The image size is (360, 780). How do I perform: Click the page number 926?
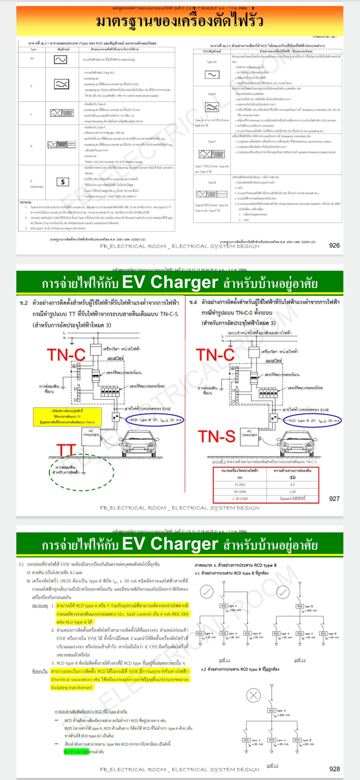334,245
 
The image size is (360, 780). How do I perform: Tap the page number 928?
334,769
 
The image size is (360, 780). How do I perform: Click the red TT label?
66,450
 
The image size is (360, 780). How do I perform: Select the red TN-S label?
217,436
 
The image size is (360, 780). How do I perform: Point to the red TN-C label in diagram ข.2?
66,355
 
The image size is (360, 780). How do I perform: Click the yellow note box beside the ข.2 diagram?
67,417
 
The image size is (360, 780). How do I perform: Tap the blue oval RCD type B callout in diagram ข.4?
312,421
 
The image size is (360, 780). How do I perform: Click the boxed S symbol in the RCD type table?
63,182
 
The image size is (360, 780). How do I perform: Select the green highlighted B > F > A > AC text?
76,752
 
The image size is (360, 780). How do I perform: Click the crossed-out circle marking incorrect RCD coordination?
253,695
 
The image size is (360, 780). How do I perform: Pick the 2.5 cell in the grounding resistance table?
293,485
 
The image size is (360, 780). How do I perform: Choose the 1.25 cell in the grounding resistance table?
293,492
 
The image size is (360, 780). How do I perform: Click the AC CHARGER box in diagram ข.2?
91,437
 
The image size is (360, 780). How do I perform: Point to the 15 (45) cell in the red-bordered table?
240,485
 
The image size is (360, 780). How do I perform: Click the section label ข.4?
193,302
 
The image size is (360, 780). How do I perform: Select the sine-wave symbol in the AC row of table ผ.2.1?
60,60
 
